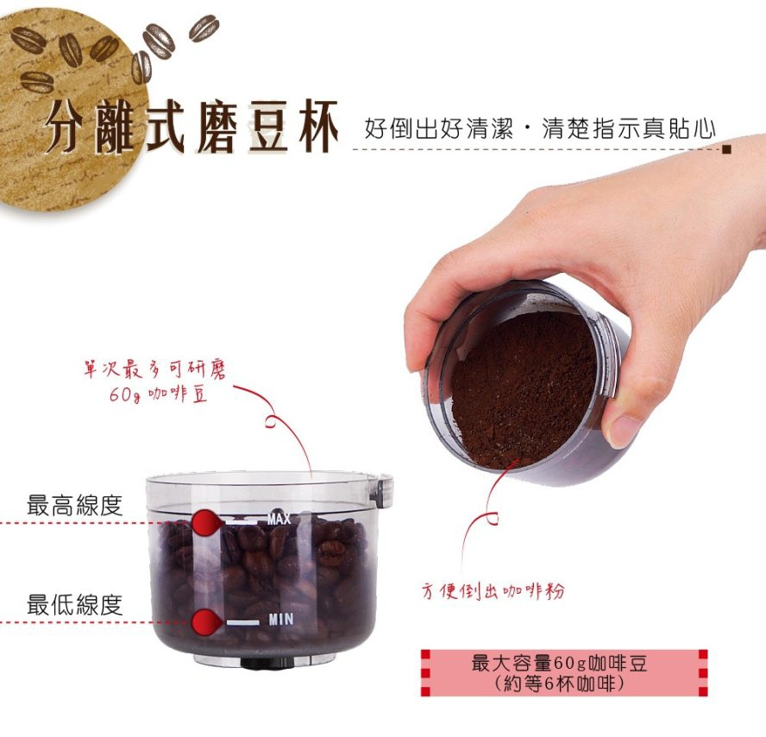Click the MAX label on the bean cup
[279, 519]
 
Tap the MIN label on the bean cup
[281, 620]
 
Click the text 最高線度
[74, 505]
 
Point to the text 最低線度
[74, 605]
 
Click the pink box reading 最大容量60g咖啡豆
[564, 673]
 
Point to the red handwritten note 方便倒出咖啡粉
[493, 591]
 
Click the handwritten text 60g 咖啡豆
[158, 394]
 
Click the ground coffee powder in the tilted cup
[523, 388]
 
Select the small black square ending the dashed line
[727, 149]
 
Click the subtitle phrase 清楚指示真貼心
[629, 129]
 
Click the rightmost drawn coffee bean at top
[204, 28]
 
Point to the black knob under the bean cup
[267, 663]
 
